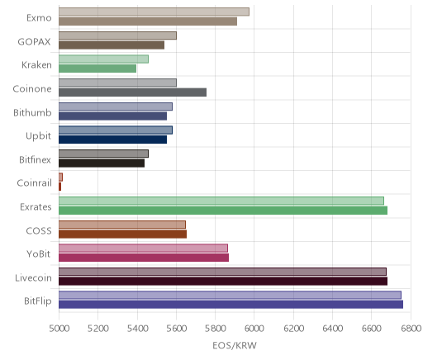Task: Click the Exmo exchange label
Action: [x=39, y=18]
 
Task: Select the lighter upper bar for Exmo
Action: [x=154, y=12]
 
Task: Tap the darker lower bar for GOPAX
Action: [x=112, y=45]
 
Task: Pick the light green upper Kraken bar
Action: [x=103, y=59]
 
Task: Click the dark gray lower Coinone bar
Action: [x=132, y=92]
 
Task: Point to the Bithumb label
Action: [x=32, y=112]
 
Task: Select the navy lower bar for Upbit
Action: [x=112, y=140]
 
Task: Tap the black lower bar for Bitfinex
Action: [x=102, y=163]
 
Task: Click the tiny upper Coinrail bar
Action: [x=60, y=178]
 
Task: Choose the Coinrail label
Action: [x=35, y=183]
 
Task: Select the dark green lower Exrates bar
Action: [x=223, y=211]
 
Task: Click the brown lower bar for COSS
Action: [x=122, y=234]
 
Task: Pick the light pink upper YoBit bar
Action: [x=143, y=248]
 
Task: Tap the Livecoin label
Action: [x=33, y=278]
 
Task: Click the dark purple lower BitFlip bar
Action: [x=231, y=305]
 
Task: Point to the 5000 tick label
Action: [x=59, y=329]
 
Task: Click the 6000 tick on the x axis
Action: [x=254, y=329]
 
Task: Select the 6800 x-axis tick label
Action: [x=411, y=329]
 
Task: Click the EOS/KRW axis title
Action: [x=235, y=345]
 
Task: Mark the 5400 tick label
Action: [x=137, y=329]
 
